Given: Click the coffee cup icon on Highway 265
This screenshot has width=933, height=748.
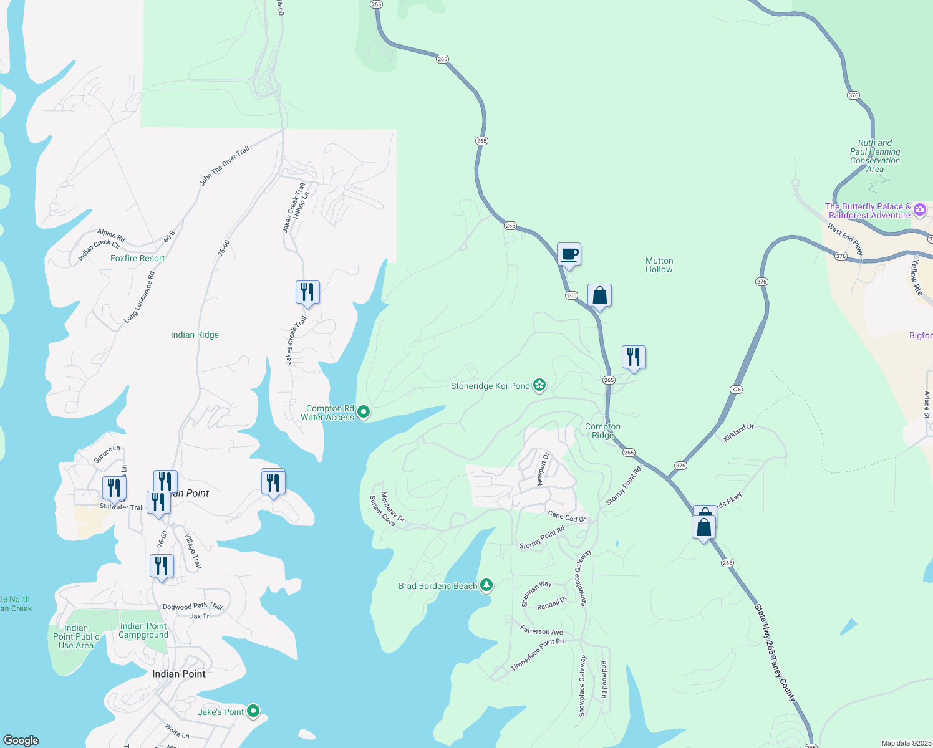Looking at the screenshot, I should tap(569, 254).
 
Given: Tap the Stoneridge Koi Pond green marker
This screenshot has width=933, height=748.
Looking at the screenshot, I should tap(539, 386).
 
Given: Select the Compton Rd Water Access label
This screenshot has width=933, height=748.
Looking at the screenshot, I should tap(327, 413).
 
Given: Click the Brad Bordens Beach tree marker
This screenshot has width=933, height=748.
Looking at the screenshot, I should tap(486, 585).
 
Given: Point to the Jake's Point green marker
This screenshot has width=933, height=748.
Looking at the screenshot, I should tap(253, 711).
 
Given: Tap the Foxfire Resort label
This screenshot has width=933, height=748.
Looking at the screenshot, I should tap(137, 258).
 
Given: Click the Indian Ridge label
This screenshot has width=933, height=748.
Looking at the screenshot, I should tap(195, 335).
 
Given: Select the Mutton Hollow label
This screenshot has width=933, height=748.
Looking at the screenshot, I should tap(659, 265).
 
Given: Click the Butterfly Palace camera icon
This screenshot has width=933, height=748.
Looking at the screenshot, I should tap(919, 210).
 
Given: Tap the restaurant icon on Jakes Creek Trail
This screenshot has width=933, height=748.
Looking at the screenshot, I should tap(307, 292).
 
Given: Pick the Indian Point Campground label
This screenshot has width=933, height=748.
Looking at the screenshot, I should tap(143, 630).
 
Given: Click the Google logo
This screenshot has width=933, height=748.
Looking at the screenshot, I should tap(21, 741).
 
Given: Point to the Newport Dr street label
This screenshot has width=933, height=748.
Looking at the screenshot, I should tap(543, 469).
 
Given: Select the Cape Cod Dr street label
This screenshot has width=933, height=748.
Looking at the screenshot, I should tap(566, 517).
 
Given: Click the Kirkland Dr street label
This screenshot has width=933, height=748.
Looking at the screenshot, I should tap(738, 432).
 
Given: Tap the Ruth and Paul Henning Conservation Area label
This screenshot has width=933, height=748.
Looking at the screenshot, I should tap(875, 156).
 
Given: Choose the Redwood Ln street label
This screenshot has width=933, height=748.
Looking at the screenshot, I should tap(604, 679).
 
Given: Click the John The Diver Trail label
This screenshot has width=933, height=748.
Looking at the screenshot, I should tap(225, 166).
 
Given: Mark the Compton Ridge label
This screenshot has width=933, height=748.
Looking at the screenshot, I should tap(602, 431).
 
